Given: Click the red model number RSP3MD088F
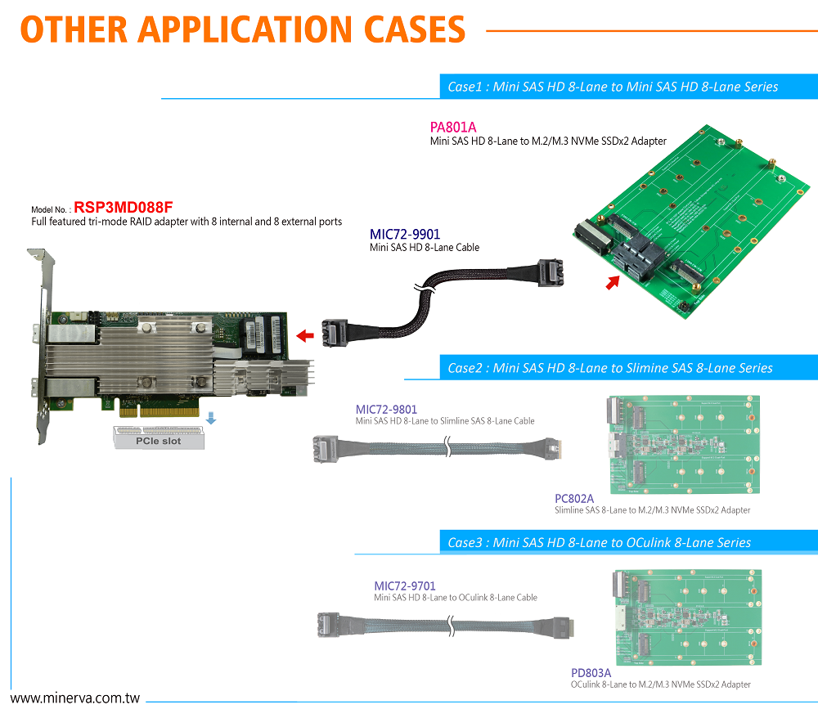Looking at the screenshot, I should (x=124, y=208).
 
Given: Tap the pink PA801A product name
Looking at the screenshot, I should (x=453, y=127).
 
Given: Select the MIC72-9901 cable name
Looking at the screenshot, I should (x=405, y=235).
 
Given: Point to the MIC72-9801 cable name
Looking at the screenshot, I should (x=386, y=409).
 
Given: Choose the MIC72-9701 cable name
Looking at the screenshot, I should (x=405, y=586).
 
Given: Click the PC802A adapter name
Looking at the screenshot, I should (x=574, y=498).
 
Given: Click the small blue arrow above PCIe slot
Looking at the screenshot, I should (x=211, y=418).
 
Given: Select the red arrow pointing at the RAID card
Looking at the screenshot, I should (x=305, y=334).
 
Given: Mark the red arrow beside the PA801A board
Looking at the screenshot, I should (x=613, y=283).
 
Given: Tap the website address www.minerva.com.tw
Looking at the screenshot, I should (x=75, y=699).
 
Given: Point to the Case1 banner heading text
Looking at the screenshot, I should (x=613, y=87).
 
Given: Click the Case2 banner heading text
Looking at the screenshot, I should (x=609, y=368).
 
